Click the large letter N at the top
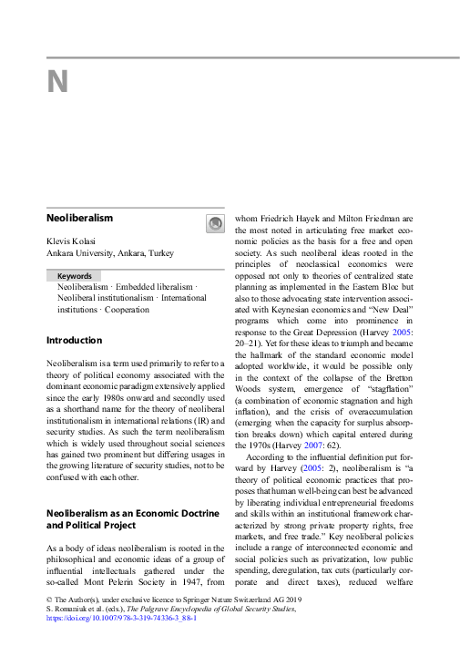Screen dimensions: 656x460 [x=57, y=82]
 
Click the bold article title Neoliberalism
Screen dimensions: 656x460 [x=79, y=219]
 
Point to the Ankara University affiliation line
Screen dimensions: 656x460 [x=109, y=253]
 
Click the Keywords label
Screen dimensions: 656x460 [x=74, y=275]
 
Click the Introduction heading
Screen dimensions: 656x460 [x=75, y=341]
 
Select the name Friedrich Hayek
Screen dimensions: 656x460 [x=293, y=219]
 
